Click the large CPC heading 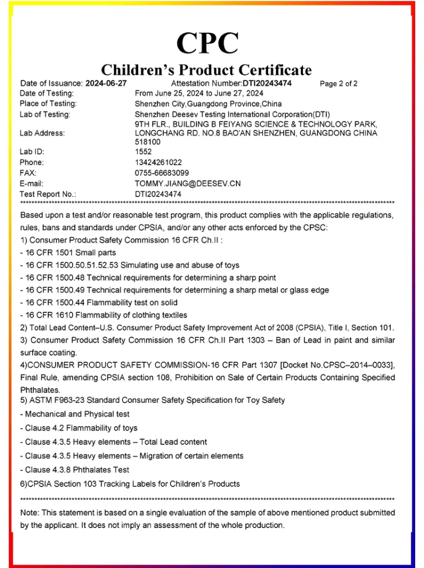pos(208,43)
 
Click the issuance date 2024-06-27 pos(105,83)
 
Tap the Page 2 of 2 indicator pos(339,84)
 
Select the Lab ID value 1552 pos(143,151)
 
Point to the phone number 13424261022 pos(158,163)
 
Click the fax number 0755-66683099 pos(161,173)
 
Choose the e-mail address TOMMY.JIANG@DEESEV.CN pos(188,184)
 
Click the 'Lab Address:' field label pos(42,133)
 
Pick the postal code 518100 pos(148,141)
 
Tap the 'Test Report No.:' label pos(48,194)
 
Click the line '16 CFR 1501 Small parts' pos(68,253)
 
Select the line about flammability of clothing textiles pos(103,315)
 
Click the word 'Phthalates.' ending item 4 pos(40,390)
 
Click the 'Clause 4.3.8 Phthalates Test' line pos(74,470)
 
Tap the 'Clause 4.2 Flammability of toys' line pos(79,428)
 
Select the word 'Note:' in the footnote pos(30,513)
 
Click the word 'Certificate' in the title pos(275,70)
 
